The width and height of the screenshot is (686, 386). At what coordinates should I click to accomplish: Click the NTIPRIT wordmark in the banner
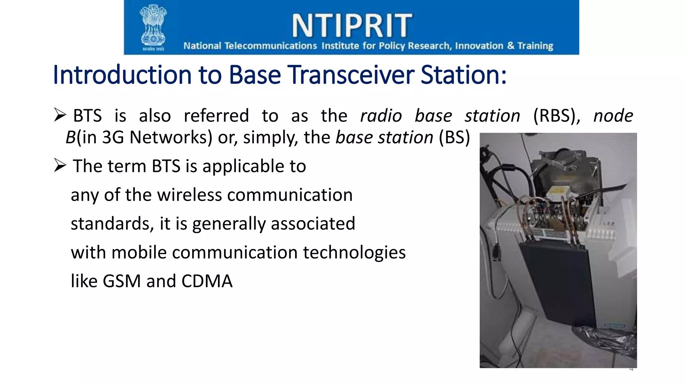(352, 25)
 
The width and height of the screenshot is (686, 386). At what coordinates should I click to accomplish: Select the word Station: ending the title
(464, 75)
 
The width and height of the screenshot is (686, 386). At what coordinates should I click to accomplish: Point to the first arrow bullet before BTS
(60, 115)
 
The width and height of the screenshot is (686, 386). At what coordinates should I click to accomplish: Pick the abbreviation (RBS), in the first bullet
(556, 116)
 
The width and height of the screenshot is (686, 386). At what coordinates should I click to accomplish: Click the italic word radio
(381, 116)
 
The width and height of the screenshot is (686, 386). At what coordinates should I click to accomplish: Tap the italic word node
(613, 116)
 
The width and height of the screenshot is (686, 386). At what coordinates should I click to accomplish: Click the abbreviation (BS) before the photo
(454, 137)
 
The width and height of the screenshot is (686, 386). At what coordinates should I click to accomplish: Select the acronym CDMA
(207, 281)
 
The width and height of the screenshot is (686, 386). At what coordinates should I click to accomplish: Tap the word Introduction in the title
(123, 75)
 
